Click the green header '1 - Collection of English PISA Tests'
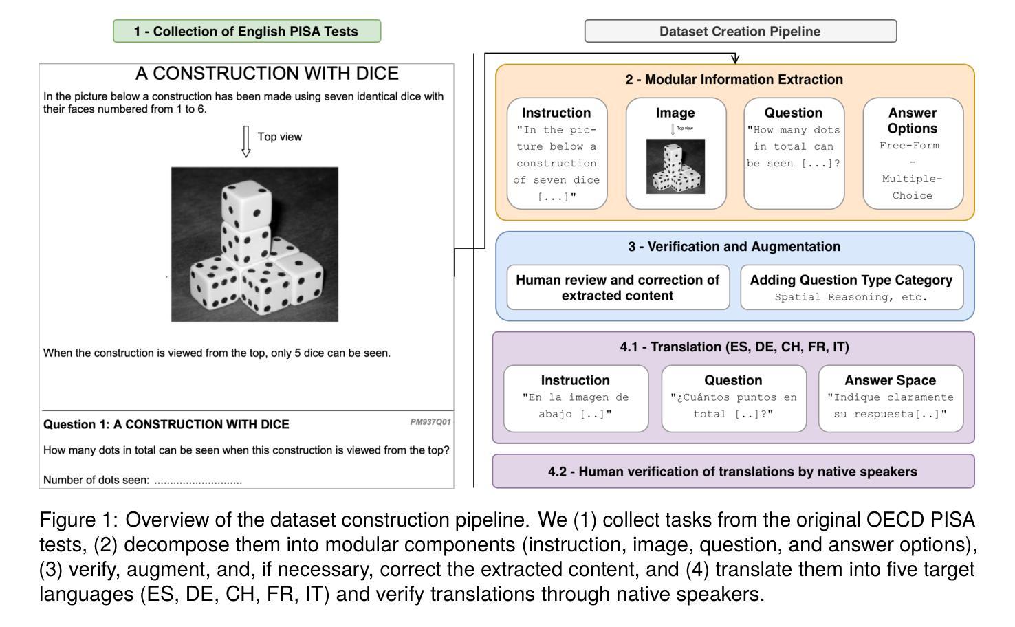point(246,32)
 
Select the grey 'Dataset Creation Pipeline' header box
point(740,32)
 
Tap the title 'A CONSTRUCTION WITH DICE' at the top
point(267,74)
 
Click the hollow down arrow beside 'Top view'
point(245,141)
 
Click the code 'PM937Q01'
point(430,422)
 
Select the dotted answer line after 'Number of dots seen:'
point(198,481)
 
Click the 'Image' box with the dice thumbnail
point(675,153)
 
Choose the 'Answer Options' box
point(913,153)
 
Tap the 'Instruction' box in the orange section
point(557,153)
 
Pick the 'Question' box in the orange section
point(794,153)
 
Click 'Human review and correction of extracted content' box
point(618,287)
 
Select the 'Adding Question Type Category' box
point(851,287)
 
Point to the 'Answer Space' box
point(890,398)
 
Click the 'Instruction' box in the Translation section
point(576,398)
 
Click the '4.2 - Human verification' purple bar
point(732,472)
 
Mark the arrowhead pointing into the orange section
point(735,60)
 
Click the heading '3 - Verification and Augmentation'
point(734,247)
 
